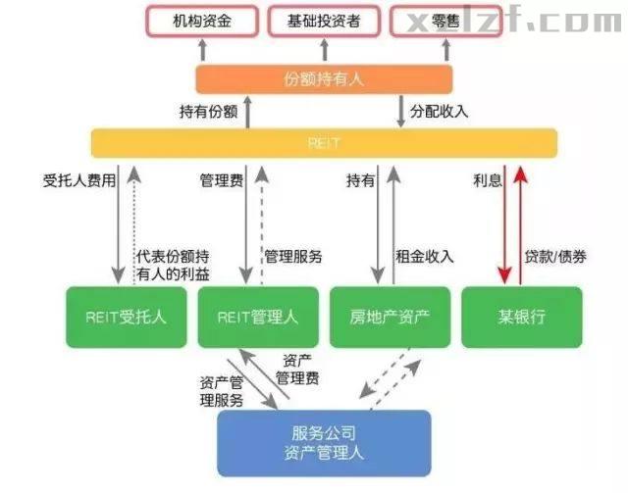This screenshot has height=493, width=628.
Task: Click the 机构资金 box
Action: click(203, 20)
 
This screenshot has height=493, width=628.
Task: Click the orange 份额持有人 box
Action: click(324, 78)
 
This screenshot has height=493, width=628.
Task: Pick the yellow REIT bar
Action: click(324, 142)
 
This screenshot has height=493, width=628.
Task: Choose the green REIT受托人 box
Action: click(127, 316)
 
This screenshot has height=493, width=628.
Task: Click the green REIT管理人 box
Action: click(258, 316)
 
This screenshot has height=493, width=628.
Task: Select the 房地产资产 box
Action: click(390, 316)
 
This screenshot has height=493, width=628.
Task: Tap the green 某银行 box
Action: click(521, 316)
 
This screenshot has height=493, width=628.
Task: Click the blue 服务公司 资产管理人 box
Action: click(324, 443)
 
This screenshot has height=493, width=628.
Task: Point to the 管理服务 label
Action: click(293, 257)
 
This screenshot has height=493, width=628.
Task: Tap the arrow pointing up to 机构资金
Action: click(203, 50)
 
